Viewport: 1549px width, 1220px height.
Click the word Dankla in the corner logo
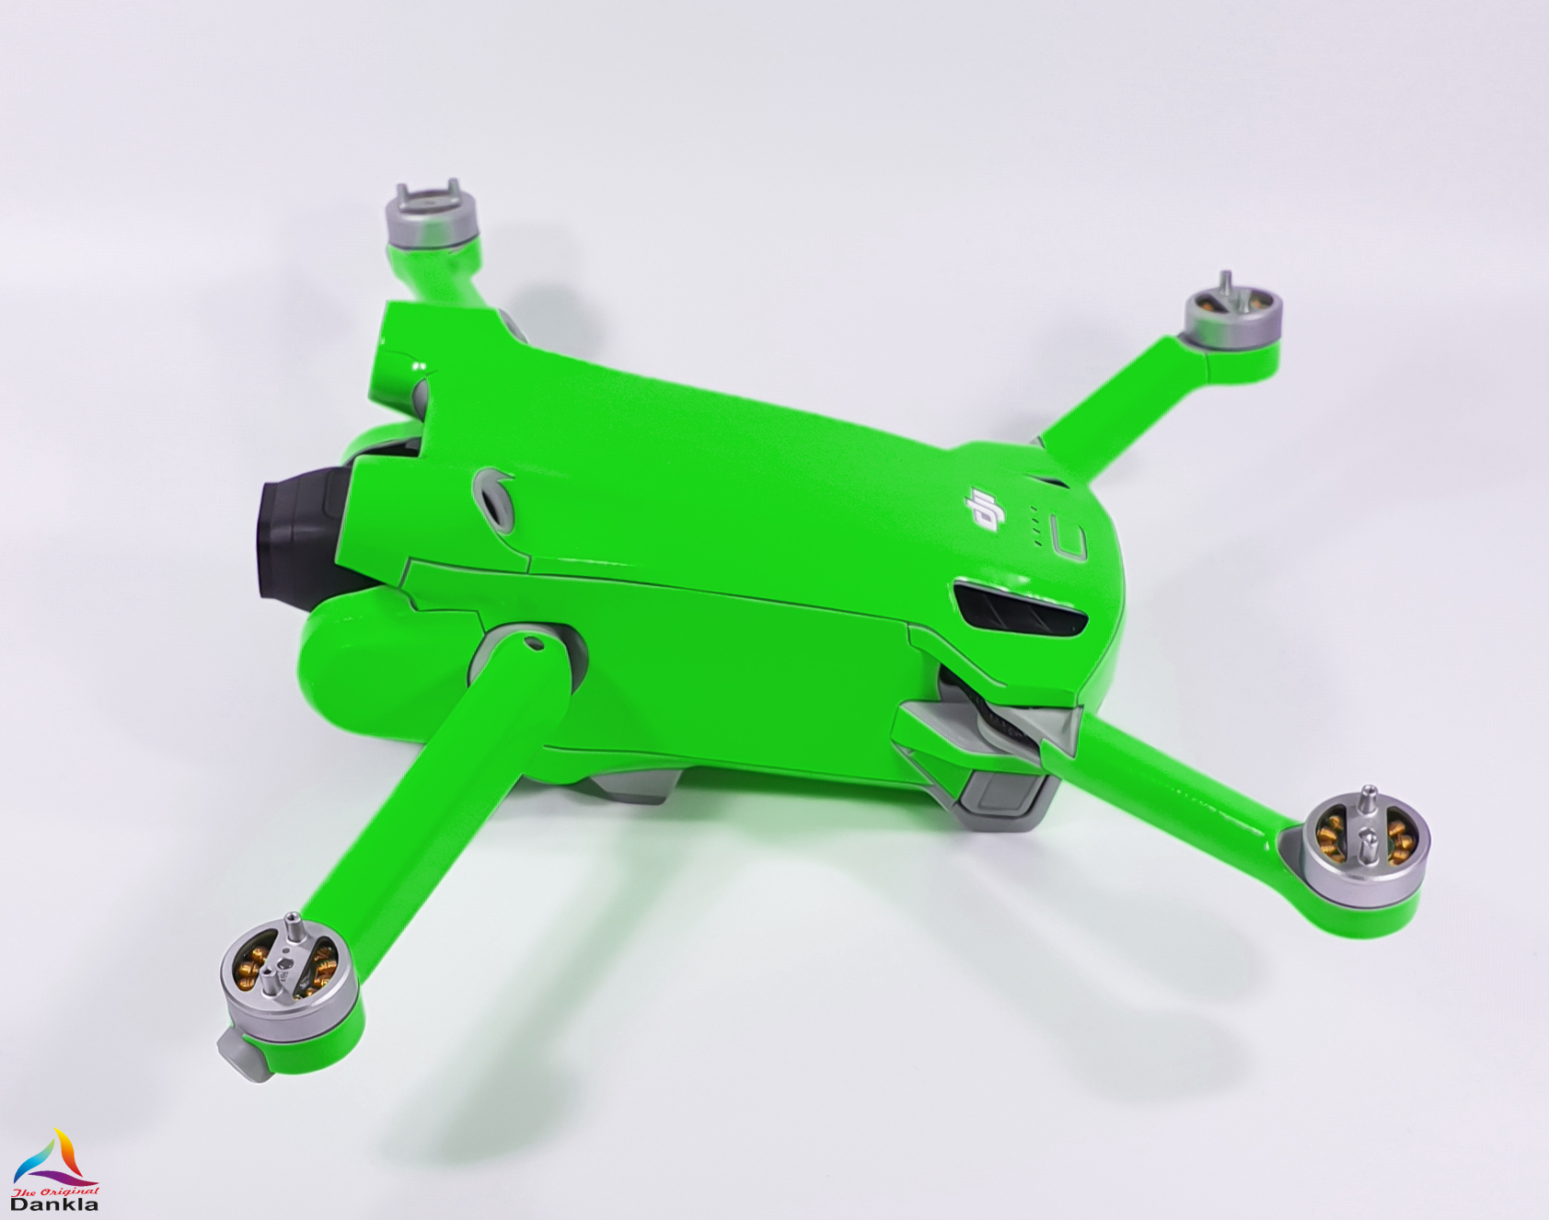coord(53,1203)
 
